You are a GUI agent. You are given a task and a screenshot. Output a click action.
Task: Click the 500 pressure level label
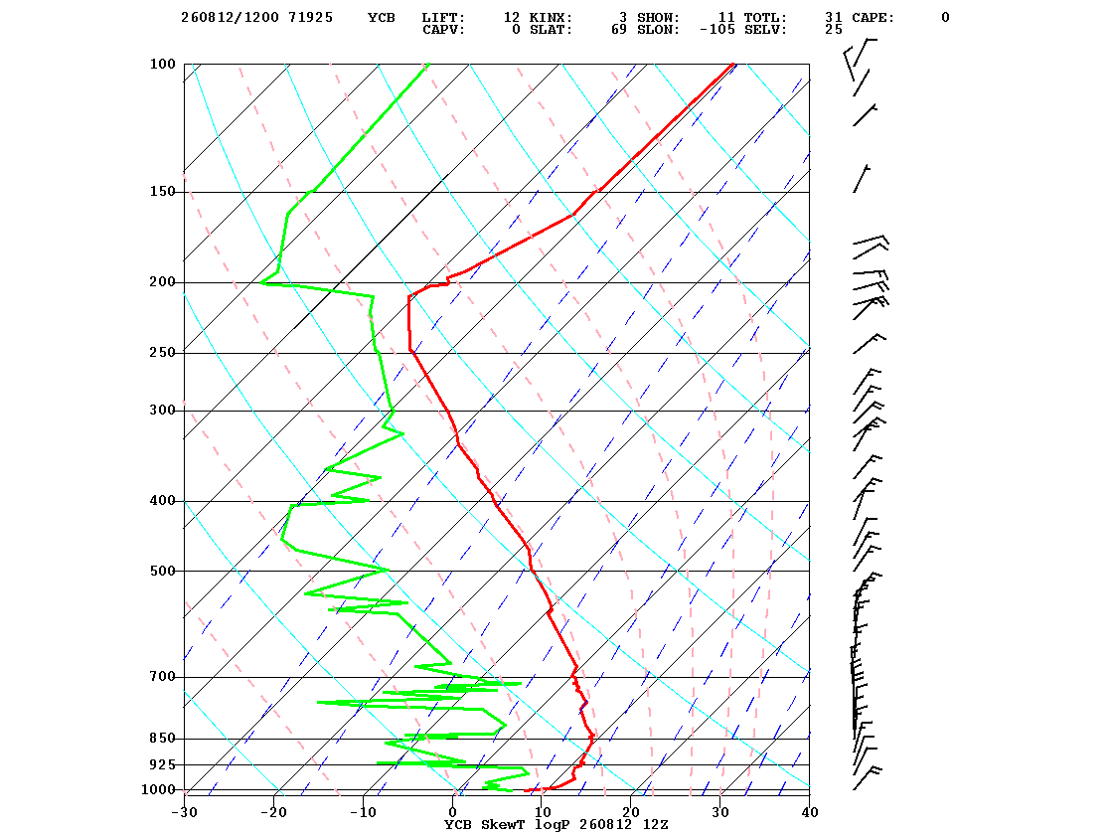(x=162, y=571)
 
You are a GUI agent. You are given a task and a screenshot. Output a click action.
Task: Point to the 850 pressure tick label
(x=162, y=739)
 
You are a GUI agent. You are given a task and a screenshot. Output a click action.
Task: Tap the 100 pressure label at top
(x=162, y=64)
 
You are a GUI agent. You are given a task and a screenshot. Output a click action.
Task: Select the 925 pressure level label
(x=162, y=764)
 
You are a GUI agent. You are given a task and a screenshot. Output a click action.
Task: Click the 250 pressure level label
(x=162, y=353)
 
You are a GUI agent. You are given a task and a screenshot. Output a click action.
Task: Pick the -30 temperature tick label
(x=184, y=812)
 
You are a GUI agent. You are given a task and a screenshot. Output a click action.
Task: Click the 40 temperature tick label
(x=809, y=812)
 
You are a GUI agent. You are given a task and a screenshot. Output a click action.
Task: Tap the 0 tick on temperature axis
(x=453, y=812)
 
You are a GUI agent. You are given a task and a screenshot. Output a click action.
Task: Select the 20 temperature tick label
(x=631, y=812)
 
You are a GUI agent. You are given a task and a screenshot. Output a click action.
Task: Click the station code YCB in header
(x=382, y=18)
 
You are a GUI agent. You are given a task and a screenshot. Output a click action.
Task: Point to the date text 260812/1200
(x=230, y=18)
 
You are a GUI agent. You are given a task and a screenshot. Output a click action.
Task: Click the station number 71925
(x=310, y=18)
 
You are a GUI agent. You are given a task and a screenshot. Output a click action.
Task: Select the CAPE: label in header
(x=874, y=18)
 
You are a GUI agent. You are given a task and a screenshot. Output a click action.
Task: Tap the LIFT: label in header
(x=443, y=18)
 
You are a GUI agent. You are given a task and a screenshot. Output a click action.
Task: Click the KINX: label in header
(x=551, y=18)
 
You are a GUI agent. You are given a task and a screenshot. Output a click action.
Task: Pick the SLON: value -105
(x=716, y=30)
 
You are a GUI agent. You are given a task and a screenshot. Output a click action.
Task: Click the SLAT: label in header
(x=551, y=30)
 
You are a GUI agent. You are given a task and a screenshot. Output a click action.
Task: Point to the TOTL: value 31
(x=834, y=18)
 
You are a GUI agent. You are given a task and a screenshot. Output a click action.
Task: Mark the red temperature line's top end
(x=734, y=64)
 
